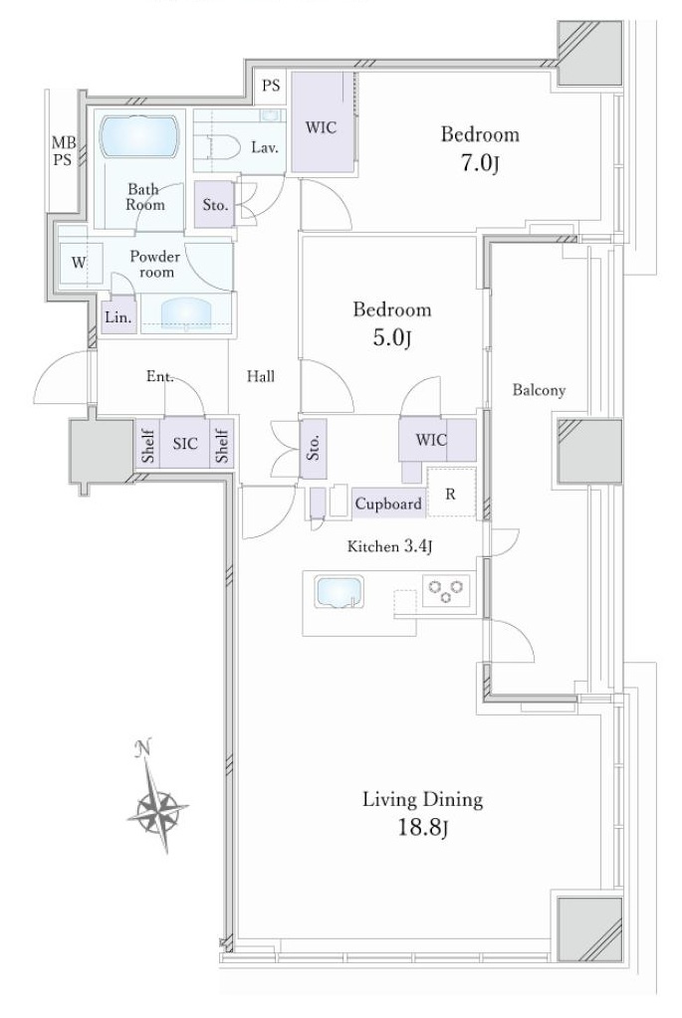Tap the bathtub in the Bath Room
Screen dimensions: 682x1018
139,136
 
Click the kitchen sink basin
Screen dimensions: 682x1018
339,592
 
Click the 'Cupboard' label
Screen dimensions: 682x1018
388,504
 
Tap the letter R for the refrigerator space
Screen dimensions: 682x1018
450,494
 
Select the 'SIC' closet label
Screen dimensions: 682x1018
185,444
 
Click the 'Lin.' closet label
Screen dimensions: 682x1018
117,317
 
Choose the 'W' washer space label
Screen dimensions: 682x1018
79,263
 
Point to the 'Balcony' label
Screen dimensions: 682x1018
539,390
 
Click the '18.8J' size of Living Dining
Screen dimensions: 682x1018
423,828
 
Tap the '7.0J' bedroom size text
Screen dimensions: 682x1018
480,163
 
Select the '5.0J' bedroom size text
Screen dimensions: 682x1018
392,337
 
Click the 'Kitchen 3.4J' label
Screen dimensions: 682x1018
389,547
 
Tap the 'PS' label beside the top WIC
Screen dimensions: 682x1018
272,85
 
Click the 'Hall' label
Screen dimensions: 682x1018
261,376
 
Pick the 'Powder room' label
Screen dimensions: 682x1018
155,265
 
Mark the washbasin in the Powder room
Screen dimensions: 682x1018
186,312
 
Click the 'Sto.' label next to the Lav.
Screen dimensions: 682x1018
215,205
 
